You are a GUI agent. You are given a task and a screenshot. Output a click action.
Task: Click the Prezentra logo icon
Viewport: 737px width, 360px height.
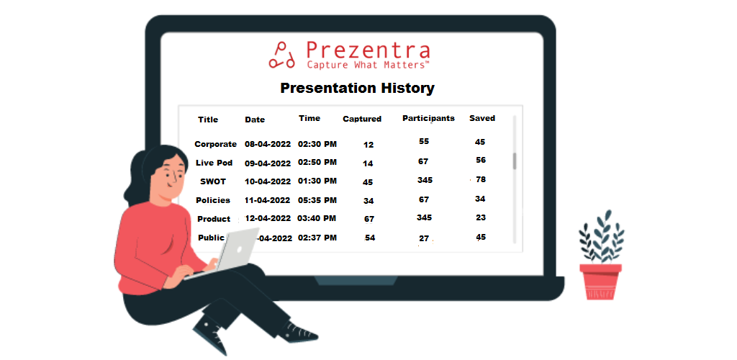(281, 55)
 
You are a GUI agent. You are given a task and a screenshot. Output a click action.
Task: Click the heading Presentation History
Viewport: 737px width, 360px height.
(357, 88)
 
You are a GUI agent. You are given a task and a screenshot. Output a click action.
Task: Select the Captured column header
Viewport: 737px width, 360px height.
(362, 119)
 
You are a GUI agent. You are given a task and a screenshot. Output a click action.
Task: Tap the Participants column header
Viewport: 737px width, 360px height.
(428, 118)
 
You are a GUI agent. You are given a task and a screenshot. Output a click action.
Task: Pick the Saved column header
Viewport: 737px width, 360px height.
(482, 118)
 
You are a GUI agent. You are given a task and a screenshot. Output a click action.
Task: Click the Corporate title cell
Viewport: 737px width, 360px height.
(215, 144)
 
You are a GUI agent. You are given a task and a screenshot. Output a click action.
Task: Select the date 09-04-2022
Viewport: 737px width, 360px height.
(268, 163)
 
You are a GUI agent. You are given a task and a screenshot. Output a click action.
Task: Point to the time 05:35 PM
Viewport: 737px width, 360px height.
(317, 200)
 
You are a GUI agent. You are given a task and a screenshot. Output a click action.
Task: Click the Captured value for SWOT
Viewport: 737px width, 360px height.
(368, 182)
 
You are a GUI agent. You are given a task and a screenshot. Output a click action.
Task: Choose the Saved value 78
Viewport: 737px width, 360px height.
(480, 179)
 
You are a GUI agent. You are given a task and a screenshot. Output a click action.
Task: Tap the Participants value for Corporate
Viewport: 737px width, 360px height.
(423, 141)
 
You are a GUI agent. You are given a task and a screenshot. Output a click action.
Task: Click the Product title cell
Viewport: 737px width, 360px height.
(214, 219)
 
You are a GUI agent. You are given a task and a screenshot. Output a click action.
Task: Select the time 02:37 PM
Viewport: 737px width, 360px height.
(317, 238)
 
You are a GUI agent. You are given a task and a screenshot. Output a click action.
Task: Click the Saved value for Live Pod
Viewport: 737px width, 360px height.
(480, 160)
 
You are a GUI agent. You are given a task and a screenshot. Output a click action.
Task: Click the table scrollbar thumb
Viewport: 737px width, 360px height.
(515, 161)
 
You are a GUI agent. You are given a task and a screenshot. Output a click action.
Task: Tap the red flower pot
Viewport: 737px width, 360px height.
(600, 282)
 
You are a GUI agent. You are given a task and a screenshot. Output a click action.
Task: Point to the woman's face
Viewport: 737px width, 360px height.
(171, 176)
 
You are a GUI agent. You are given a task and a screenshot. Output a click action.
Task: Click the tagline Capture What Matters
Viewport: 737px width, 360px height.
(368, 64)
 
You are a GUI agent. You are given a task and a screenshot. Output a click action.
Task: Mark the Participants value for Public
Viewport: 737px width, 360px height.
(424, 239)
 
